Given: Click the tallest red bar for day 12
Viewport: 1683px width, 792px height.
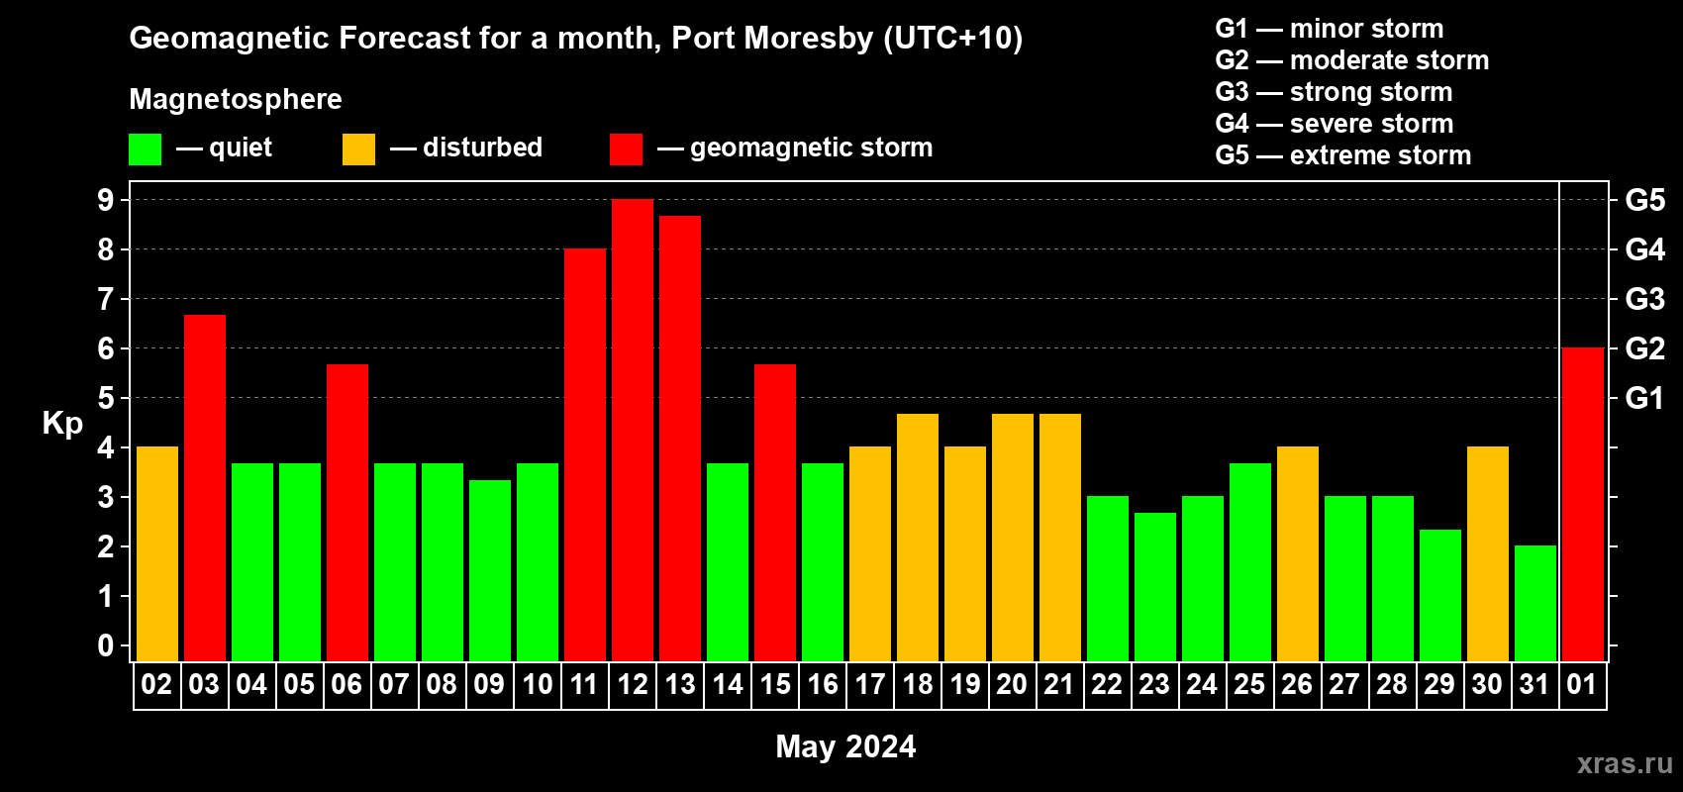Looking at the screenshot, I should tap(633, 430).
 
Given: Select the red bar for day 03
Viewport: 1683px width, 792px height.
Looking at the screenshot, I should tap(205, 487).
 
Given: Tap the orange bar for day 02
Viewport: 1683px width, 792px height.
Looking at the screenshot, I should tap(157, 553).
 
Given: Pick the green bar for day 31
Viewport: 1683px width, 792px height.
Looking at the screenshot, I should tap(1534, 603).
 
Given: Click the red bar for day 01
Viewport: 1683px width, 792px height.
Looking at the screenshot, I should tap(1582, 504).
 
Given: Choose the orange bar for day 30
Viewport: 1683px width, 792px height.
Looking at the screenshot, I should tap(1487, 553).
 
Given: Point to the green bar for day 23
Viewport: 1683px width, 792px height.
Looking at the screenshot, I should tap(1154, 586).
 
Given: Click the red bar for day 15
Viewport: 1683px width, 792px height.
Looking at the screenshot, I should tap(775, 512).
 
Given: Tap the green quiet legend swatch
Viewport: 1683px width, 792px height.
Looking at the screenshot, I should tap(145, 149).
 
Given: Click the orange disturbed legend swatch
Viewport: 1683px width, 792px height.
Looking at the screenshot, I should tap(358, 149).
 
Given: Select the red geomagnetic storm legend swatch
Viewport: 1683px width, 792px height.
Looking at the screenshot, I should tap(626, 149).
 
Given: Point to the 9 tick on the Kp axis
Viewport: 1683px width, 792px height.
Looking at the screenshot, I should tap(106, 200).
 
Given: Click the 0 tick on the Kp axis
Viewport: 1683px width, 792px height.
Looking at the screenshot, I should tap(106, 645).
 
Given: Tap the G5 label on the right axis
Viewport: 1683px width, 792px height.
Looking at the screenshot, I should tap(1644, 200).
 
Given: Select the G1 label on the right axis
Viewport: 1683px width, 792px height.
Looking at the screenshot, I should tap(1644, 398).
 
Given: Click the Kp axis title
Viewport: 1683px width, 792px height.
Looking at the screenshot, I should tap(62, 423).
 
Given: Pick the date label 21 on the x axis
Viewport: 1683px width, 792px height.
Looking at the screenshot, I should tap(1059, 684).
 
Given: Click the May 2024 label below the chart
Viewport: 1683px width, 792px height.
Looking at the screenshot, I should tap(845, 746).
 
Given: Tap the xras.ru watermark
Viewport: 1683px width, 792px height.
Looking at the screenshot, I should tap(1625, 762).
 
